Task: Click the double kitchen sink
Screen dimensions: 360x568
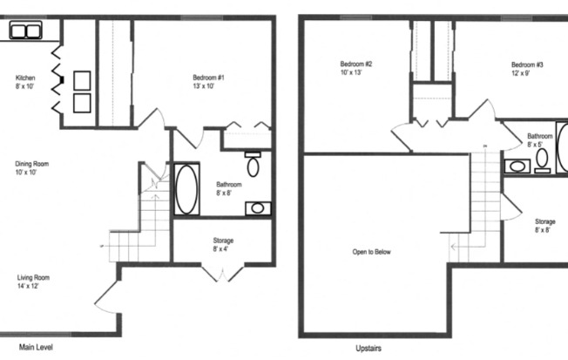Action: (x=27, y=32)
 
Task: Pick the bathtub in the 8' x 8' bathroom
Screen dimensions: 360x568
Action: (x=187, y=189)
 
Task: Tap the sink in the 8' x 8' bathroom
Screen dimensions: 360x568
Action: (x=257, y=208)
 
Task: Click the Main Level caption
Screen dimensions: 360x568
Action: (x=36, y=346)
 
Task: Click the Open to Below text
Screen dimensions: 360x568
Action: (x=371, y=252)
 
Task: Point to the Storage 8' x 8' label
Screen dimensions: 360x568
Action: (x=545, y=226)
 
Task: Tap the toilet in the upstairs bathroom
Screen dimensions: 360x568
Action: (x=541, y=160)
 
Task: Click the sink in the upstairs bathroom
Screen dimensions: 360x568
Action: (x=515, y=166)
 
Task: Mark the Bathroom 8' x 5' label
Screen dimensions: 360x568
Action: (x=539, y=139)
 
